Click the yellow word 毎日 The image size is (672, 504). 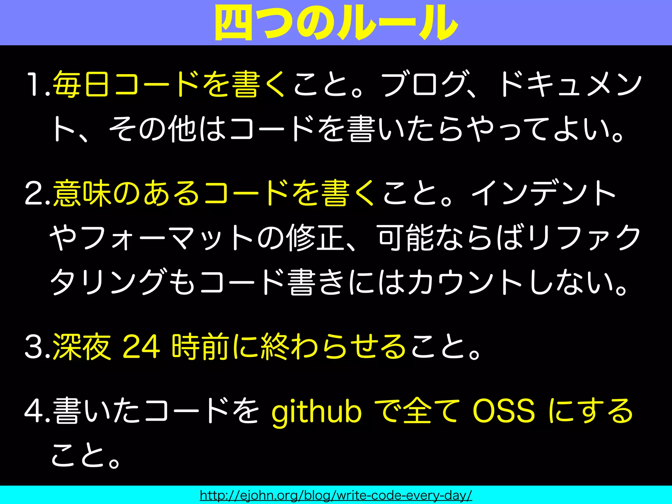(81, 85)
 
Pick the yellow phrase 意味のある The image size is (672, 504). (126, 194)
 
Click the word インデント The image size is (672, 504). (543, 194)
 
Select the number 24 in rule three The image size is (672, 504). (141, 347)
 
